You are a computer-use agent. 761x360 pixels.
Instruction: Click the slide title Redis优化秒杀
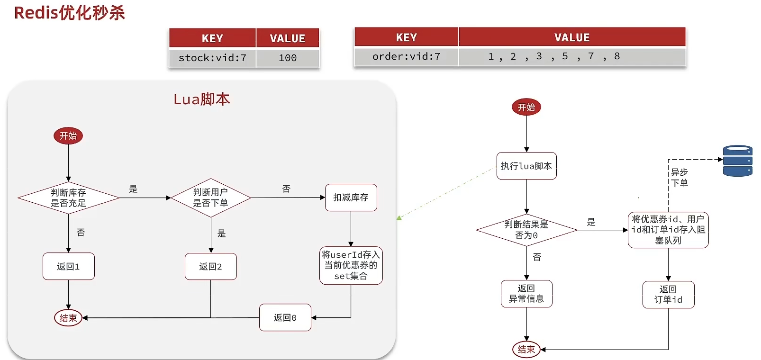click(69, 13)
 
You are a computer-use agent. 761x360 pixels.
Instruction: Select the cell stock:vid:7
click(212, 58)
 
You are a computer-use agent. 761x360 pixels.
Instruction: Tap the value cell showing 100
click(288, 58)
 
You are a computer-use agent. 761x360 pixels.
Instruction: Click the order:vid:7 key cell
click(406, 56)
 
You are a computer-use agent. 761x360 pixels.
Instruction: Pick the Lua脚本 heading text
click(202, 99)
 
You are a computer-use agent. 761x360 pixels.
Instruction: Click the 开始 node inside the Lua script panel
click(68, 136)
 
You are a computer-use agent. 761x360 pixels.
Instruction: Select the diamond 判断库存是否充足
click(68, 198)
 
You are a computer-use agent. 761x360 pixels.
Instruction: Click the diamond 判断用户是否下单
click(210, 198)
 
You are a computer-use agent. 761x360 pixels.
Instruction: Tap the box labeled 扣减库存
click(351, 198)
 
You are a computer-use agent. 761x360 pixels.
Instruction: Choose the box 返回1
click(68, 266)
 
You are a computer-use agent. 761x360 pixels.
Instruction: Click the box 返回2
click(210, 266)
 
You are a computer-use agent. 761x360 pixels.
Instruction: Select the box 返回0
click(285, 317)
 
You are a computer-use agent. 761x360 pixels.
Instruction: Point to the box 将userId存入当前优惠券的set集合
click(351, 265)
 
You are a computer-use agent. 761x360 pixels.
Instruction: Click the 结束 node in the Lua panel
click(68, 318)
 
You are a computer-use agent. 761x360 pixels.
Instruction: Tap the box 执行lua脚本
click(526, 166)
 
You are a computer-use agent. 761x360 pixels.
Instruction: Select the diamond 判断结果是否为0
click(526, 230)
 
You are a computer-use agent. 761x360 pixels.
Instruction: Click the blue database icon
click(737, 161)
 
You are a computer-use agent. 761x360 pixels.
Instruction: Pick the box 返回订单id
click(668, 295)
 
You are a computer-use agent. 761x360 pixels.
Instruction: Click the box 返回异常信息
click(526, 294)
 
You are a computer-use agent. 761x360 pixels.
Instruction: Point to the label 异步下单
click(679, 178)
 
